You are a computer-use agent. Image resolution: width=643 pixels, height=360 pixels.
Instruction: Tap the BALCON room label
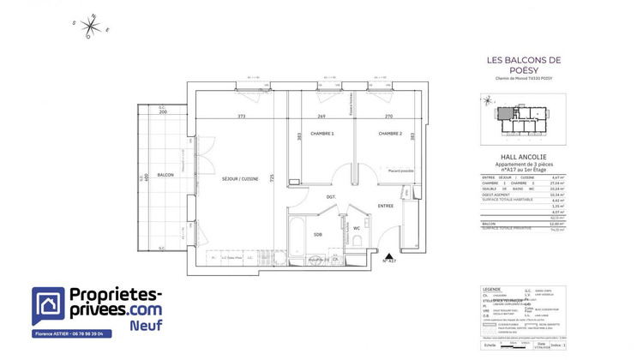165,175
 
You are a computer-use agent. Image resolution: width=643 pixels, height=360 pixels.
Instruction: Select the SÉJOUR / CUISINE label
239,178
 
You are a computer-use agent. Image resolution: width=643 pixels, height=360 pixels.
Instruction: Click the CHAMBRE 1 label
321,134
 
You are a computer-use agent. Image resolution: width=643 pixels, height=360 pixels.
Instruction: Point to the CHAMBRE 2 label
390,134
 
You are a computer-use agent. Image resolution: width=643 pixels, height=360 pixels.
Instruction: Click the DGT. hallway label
330,196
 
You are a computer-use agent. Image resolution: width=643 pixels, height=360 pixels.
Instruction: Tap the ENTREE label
385,206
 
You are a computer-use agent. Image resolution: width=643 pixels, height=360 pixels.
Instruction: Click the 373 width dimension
243,117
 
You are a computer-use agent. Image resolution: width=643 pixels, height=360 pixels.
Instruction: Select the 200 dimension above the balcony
162,112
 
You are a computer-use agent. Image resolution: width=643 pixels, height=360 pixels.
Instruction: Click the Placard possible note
400,171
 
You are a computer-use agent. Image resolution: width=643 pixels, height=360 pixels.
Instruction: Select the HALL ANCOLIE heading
523,158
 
